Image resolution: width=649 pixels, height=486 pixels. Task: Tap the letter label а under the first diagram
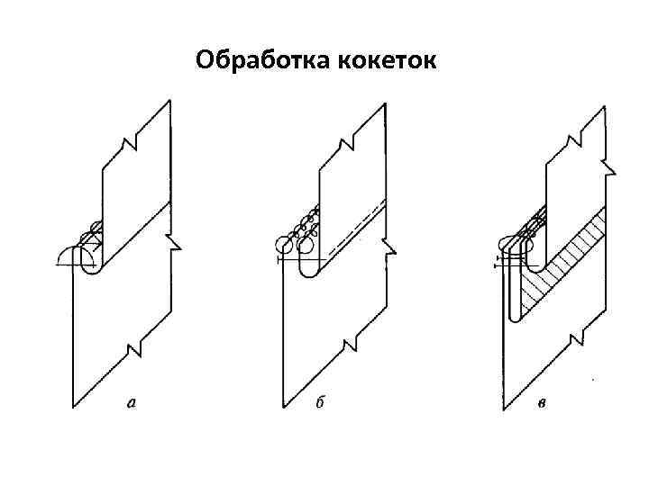(x=133, y=404)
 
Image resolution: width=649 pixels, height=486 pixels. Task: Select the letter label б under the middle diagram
(x=320, y=404)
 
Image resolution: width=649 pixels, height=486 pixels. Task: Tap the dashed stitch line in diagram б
(x=356, y=229)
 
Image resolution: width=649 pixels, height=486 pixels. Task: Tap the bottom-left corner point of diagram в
(x=504, y=409)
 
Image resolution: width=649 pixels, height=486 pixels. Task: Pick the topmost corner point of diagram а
(x=170, y=101)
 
